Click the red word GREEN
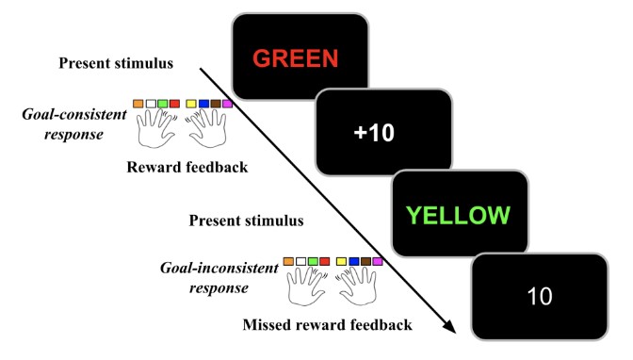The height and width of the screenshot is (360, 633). click(x=295, y=58)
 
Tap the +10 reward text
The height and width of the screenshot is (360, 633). click(x=374, y=133)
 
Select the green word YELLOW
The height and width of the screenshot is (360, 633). click(x=458, y=215)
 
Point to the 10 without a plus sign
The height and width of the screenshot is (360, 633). click(x=540, y=296)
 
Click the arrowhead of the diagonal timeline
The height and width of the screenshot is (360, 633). click(x=450, y=326)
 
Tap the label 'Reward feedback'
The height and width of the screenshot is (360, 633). click(x=187, y=167)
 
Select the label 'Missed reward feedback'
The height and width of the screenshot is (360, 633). click(x=328, y=325)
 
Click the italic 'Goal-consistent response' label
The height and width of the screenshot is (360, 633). click(x=74, y=124)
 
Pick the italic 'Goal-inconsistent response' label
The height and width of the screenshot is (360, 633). click(x=219, y=278)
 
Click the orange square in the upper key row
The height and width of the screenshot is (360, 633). click(x=138, y=104)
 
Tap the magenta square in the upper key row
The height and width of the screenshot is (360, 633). click(x=227, y=104)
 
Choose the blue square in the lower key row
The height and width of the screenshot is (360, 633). click(x=353, y=261)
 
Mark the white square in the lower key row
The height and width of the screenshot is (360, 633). click(x=300, y=261)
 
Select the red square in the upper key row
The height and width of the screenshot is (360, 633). click(x=174, y=104)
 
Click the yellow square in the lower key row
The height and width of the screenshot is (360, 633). click(x=341, y=261)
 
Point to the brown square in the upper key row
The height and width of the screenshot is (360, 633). click(x=215, y=104)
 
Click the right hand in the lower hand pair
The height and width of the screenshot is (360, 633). click(x=358, y=286)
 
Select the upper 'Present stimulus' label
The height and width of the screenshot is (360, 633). click(x=116, y=63)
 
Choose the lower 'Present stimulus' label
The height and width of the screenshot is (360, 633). click(x=246, y=221)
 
